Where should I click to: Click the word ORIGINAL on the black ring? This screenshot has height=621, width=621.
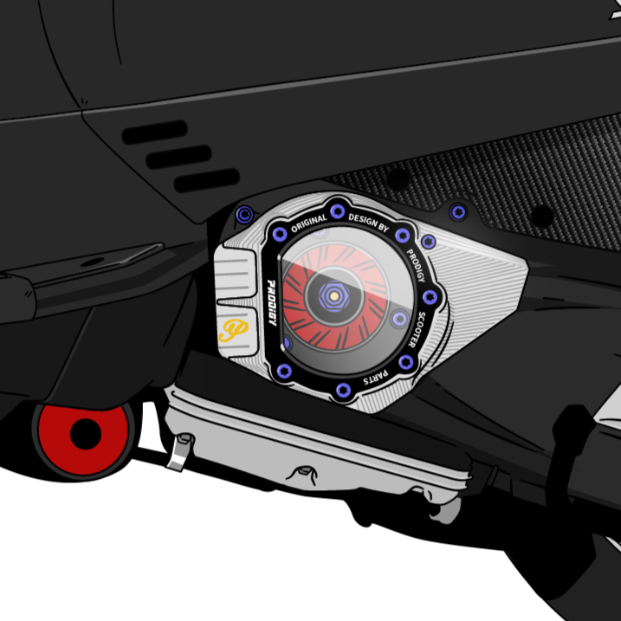point(308,223)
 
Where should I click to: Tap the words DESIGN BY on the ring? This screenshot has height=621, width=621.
point(369,223)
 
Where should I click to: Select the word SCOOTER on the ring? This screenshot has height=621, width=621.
point(416,329)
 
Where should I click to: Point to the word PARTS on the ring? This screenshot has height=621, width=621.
point(375,378)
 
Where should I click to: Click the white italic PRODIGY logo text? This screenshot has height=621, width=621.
point(272,302)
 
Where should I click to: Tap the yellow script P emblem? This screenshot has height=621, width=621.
point(234,330)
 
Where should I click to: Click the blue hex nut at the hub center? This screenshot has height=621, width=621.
point(333,296)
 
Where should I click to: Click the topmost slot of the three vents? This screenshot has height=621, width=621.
point(154,132)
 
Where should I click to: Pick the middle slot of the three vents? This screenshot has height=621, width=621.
point(179,157)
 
